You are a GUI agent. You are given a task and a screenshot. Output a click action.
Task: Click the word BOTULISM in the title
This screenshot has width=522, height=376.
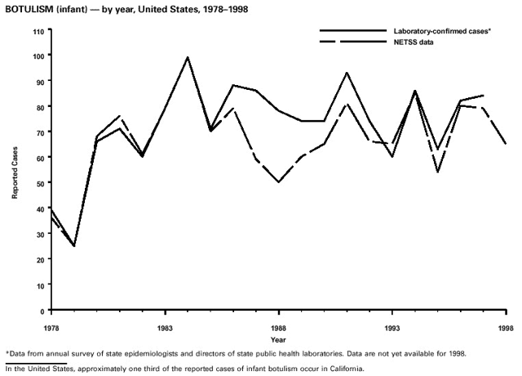click(x=29, y=8)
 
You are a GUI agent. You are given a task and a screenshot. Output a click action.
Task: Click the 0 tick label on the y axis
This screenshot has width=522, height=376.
click(x=42, y=311)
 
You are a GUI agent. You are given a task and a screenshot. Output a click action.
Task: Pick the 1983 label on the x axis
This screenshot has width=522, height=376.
click(x=165, y=322)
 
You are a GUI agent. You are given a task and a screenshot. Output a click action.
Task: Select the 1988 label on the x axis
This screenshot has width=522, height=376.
click(x=279, y=322)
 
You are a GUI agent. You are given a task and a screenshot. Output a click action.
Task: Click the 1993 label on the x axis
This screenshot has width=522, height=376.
click(x=392, y=322)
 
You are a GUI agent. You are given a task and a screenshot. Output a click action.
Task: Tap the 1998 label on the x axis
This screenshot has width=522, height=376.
click(x=506, y=322)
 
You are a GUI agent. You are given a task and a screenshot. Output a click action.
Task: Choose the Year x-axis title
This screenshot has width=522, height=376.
click(x=278, y=338)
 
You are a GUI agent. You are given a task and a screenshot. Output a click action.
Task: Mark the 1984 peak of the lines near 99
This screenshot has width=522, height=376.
click(x=188, y=57)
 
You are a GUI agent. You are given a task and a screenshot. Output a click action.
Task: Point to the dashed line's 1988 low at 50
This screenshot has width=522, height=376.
click(x=279, y=182)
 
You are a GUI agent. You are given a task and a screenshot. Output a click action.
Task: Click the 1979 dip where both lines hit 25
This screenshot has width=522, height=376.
click(x=74, y=246)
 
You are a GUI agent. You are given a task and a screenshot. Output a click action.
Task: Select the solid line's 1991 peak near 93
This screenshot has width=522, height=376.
click(x=347, y=73)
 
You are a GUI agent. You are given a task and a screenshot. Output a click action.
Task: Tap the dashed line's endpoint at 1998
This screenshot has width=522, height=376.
click(x=506, y=144)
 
